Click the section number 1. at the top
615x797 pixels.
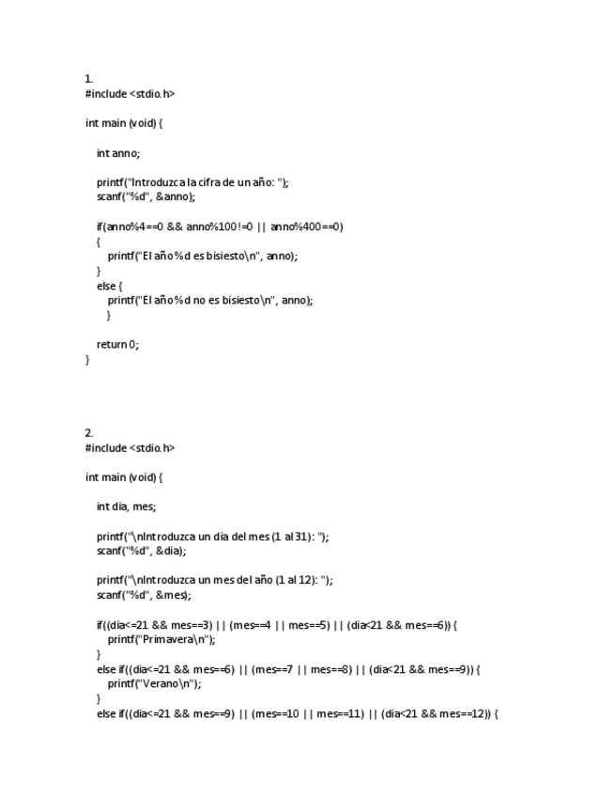(x=89, y=79)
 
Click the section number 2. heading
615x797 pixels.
(x=89, y=433)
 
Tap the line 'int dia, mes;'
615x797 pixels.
(x=126, y=508)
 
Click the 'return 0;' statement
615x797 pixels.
(x=117, y=345)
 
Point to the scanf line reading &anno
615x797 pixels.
(x=146, y=197)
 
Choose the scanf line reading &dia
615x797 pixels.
(x=141, y=552)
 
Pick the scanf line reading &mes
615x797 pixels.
(x=144, y=596)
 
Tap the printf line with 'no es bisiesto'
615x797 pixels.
(x=210, y=301)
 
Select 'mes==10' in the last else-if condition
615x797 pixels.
(x=277, y=714)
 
